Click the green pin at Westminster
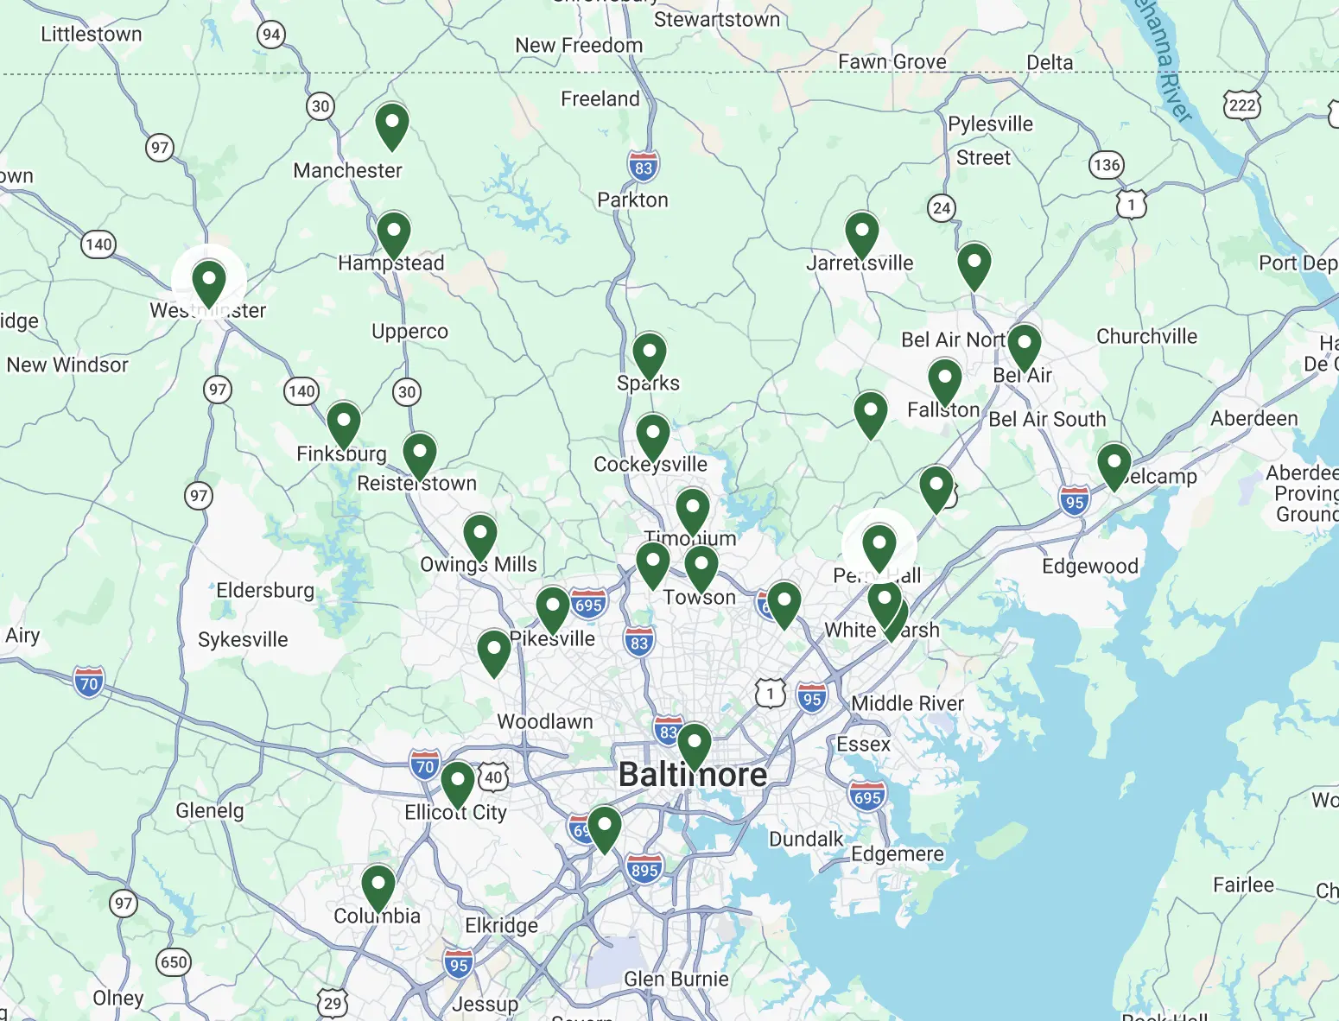point(209,282)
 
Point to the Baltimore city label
point(693,775)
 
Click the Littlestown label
point(92,35)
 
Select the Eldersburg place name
point(265,591)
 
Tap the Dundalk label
point(806,839)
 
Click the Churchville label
point(1146,337)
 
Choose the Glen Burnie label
point(676,980)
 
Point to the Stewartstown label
point(717,20)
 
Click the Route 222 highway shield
point(1241,105)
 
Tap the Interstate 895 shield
point(644,870)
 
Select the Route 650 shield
point(174,962)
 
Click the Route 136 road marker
point(1107,164)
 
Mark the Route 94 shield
point(271,35)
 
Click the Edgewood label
point(1090,567)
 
